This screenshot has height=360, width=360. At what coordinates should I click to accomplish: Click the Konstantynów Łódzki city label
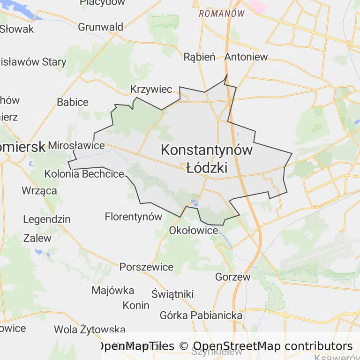[207, 158]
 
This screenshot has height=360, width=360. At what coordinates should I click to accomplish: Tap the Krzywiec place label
[151, 90]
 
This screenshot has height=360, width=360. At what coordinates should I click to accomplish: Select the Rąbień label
[199, 57]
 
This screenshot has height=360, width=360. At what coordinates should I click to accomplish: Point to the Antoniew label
[246, 57]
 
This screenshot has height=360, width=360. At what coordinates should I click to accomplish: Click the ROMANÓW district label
[222, 14]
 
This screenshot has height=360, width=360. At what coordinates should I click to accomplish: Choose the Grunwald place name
[100, 27]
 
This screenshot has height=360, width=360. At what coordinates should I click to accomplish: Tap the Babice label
[73, 102]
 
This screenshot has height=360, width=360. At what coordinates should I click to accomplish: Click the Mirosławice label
[76, 145]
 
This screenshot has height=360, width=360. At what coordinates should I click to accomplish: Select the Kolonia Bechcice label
[84, 174]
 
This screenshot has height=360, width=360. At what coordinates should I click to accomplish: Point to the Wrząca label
[39, 190]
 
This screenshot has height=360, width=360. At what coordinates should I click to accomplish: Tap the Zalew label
[37, 238]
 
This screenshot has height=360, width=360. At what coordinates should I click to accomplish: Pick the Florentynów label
[133, 217]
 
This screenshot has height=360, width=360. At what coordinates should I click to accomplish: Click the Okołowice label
[194, 231]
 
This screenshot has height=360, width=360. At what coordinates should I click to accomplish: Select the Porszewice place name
[146, 267]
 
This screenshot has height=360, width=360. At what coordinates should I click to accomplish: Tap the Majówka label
[112, 290]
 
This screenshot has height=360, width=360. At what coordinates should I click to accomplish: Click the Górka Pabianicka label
[201, 315]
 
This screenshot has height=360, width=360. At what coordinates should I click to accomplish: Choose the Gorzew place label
[232, 277]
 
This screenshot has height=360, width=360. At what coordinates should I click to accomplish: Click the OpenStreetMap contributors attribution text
[273, 346]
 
